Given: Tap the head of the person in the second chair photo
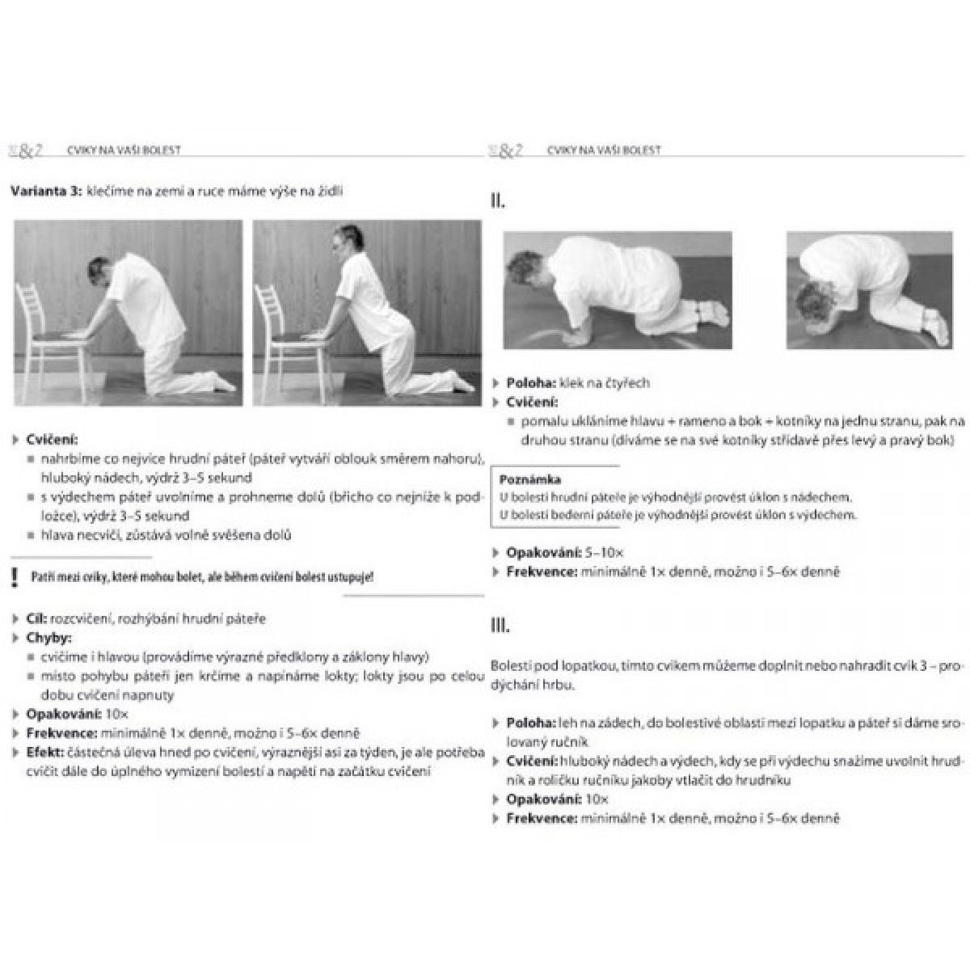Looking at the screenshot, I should [x=342, y=242].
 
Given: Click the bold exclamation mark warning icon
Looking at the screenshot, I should [x=15, y=577].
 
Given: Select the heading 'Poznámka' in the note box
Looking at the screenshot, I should [x=530, y=479].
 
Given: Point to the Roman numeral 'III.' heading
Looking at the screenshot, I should [x=500, y=625].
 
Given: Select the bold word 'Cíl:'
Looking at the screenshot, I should [x=36, y=618].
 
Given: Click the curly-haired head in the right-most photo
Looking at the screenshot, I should [x=813, y=311].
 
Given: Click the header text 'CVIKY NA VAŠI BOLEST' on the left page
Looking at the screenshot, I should [x=124, y=150].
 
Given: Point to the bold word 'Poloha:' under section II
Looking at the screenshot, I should [x=530, y=383].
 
